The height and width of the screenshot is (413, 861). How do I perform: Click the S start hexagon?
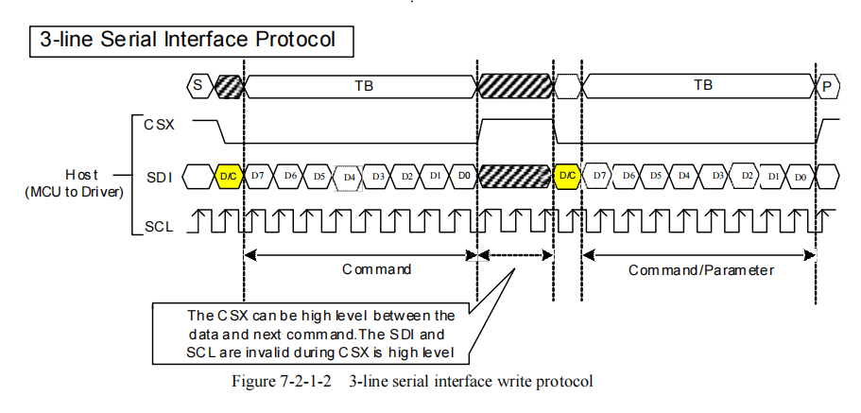click(x=198, y=86)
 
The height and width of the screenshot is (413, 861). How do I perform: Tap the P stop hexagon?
click(x=828, y=86)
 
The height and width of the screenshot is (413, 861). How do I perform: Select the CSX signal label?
click(x=159, y=125)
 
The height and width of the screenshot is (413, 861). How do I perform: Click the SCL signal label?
click(x=159, y=226)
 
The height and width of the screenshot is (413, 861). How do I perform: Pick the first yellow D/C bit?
click(x=229, y=177)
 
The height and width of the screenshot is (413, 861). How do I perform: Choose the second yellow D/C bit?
click(x=568, y=176)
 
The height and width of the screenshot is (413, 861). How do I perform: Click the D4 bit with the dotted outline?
click(x=349, y=178)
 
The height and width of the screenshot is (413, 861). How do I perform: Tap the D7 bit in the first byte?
click(x=257, y=176)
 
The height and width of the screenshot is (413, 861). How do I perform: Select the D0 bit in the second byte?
click(x=801, y=177)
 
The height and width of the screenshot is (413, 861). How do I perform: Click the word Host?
click(x=81, y=175)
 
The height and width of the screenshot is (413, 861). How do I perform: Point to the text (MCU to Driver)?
click(x=74, y=194)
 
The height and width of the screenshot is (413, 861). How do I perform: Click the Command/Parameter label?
click(x=701, y=270)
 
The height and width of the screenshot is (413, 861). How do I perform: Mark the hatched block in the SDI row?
click(x=515, y=176)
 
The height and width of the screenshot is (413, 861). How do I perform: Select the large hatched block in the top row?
click(x=515, y=86)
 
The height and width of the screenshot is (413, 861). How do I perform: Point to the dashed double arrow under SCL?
click(x=515, y=255)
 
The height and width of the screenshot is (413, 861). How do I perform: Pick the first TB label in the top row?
click(x=361, y=85)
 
